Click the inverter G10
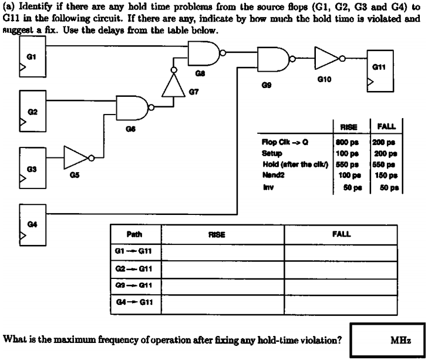[x=327, y=58]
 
